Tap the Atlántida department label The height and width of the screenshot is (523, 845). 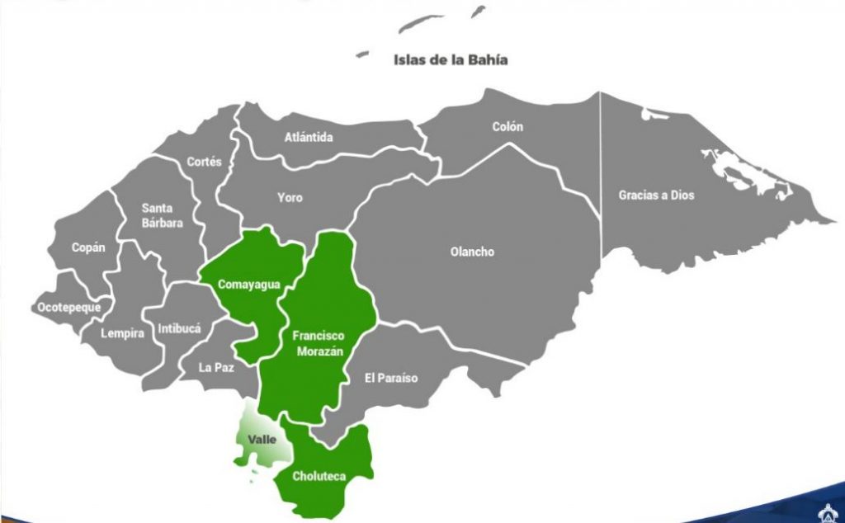[309, 137]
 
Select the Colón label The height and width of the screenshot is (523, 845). [507, 127]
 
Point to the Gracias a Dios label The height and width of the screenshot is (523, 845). [657, 196]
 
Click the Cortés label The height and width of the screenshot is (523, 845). [204, 163]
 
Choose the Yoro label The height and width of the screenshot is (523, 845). [290, 198]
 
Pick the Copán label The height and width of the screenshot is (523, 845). [88, 247]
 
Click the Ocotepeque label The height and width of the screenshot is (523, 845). [69, 308]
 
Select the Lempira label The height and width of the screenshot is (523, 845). [122, 334]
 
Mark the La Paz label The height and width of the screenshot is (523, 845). [216, 368]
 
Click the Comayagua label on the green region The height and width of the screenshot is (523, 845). [249, 285]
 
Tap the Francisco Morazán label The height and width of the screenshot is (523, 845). [318, 344]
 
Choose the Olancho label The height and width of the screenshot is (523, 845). [472, 252]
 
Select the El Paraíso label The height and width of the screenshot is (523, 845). [390, 378]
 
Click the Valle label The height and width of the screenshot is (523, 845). [262, 440]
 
